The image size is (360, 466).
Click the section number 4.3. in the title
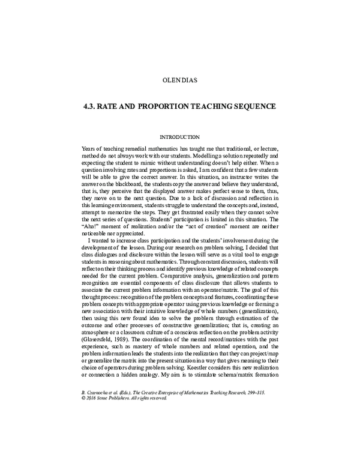pos(92,106)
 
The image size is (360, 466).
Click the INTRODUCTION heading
pos(179,137)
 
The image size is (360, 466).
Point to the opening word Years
pos(88,148)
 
